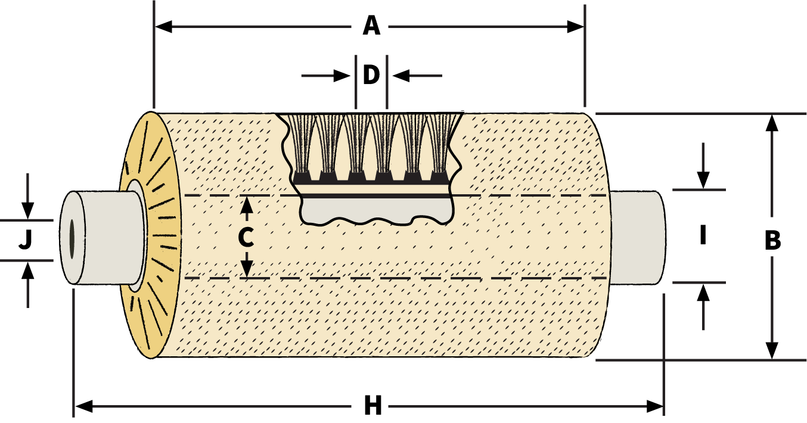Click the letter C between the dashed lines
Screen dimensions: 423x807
pyautogui.click(x=246, y=238)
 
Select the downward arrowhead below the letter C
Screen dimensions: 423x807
pyautogui.click(x=247, y=269)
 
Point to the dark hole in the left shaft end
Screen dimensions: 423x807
pyautogui.click(x=72, y=238)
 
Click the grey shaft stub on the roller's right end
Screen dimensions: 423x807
pyautogui.click(x=638, y=238)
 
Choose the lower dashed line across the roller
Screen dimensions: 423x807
pyautogui.click(x=417, y=278)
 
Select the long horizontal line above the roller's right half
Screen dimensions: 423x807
pyautogui.click(x=477, y=26)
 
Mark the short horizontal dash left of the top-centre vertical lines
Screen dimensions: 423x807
pyautogui.click(x=317, y=76)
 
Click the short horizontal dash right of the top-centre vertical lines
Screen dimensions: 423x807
pyautogui.click(x=426, y=76)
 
